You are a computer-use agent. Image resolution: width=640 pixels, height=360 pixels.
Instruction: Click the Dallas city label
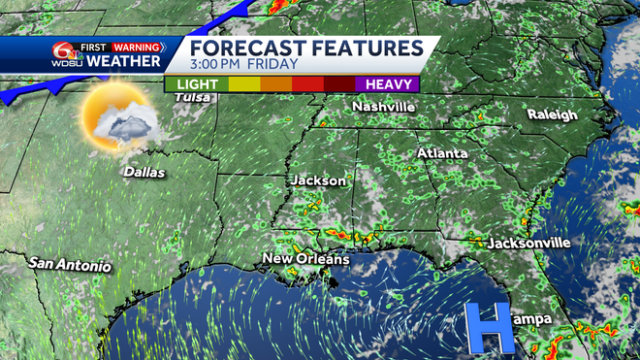144,173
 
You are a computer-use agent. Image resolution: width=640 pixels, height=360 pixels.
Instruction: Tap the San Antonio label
70,264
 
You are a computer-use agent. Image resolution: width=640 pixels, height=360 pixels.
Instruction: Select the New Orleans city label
306,259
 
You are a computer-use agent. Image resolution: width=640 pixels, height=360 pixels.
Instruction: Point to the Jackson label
318,180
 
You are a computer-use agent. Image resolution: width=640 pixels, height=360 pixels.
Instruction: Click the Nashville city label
384,106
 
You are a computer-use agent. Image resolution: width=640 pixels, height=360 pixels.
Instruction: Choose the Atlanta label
442,153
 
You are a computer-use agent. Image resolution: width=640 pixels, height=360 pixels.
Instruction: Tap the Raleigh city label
552,115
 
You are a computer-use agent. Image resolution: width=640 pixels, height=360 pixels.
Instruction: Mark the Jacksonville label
528,243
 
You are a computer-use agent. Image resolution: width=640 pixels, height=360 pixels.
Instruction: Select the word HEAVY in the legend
386,84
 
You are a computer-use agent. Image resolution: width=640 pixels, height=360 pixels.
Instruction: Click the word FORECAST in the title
249,48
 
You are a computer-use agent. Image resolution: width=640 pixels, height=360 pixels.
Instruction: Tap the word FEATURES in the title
367,48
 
